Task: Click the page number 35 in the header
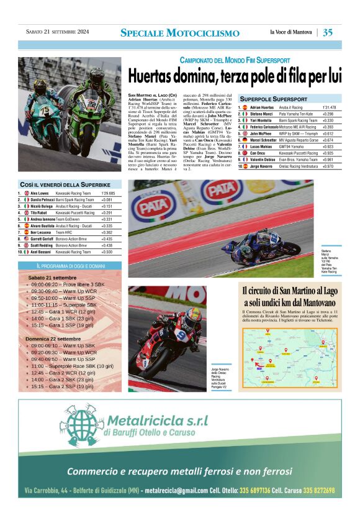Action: coord(328,32)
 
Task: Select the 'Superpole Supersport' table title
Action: coord(274,99)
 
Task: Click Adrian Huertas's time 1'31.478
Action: coord(329,107)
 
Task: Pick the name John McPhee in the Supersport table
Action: coord(262,133)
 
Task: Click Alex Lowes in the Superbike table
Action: coord(39,194)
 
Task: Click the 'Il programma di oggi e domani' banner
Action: coord(70,266)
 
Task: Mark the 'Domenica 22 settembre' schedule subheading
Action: coord(56,339)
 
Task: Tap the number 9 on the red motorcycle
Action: coord(180,334)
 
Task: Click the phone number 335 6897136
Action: coord(249,491)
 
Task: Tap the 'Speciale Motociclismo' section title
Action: coord(179,33)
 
